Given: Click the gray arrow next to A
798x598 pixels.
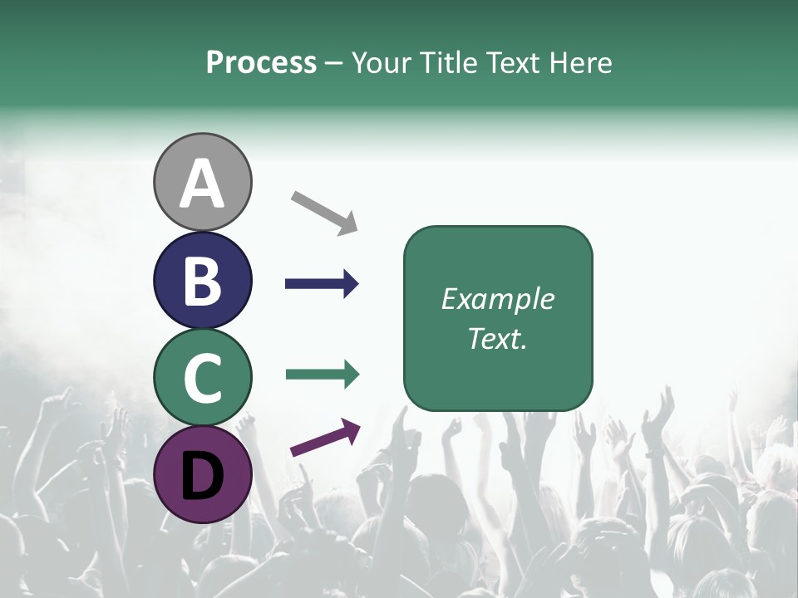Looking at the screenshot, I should coord(324,213).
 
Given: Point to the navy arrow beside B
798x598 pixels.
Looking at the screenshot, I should coord(322,284).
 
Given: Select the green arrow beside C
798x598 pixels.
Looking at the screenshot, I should coord(322,375).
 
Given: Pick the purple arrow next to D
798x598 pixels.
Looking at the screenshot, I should coord(325,438).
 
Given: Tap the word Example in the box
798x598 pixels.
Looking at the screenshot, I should coord(497,299).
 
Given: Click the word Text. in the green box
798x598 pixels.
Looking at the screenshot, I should coord(497,339).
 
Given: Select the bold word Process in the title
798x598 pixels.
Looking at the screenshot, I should coord(261,62).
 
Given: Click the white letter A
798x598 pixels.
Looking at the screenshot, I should coord(202,184).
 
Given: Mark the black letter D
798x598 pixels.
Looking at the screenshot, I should coord(202,475).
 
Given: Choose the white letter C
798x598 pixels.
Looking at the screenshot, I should coord(202,378).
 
